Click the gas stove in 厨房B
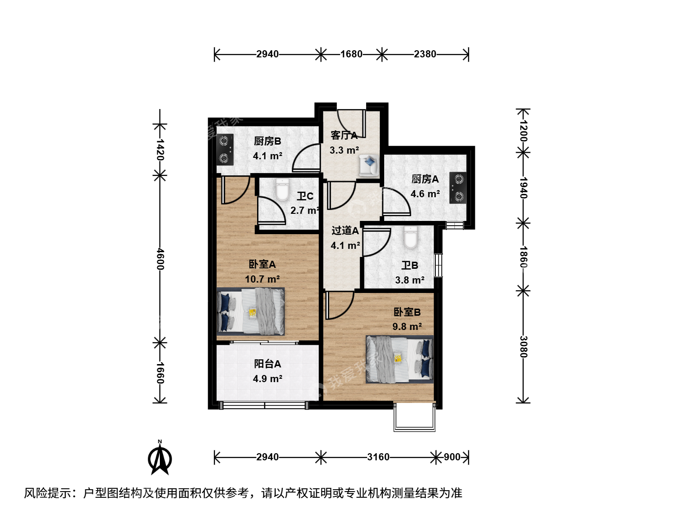(225, 150)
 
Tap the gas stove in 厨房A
(458, 188)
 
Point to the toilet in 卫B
(410, 237)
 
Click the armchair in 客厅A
(369, 165)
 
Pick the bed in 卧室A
(250, 311)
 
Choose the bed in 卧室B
(399, 359)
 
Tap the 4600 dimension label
(160, 259)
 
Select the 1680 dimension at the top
(351, 55)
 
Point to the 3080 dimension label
(523, 347)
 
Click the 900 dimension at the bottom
(452, 457)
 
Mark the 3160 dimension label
(378, 457)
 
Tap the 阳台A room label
(268, 364)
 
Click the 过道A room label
(345, 231)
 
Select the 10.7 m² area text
(262, 279)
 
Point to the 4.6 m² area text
(425, 194)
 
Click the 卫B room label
(409, 265)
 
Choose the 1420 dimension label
(160, 149)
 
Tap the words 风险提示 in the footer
(47, 493)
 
